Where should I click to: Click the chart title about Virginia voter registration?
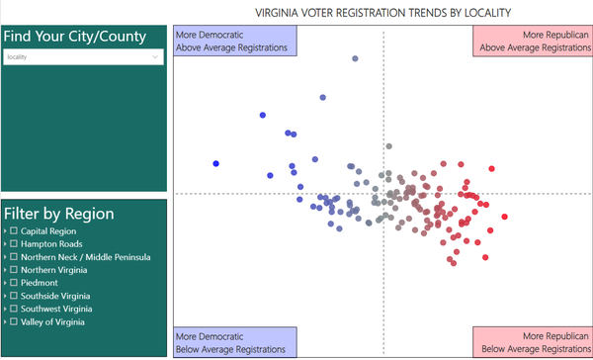[382, 13]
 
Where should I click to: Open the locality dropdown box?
[83, 57]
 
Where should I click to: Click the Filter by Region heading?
[59, 214]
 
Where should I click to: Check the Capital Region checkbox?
[14, 231]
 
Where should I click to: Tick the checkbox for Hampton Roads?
[14, 244]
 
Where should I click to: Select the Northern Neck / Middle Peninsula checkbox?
[14, 257]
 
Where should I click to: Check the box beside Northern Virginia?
[14, 270]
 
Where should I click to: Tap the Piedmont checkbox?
[14, 283]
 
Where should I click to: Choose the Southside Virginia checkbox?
[14, 296]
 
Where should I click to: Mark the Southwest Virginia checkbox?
[14, 309]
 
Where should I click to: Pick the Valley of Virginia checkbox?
[14, 321]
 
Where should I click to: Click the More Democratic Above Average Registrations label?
[234, 40]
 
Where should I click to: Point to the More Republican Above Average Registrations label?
[533, 40]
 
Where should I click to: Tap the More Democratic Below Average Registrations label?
[234, 342]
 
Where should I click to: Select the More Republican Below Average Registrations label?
[533, 342]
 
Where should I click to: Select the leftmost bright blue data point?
[215, 163]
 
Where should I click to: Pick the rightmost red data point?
[505, 217]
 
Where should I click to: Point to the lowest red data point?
[452, 262]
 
